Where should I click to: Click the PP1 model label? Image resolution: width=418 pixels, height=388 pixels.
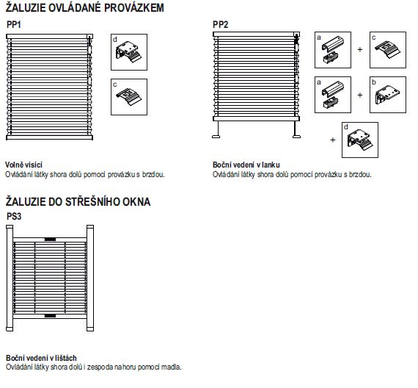pos(14,24)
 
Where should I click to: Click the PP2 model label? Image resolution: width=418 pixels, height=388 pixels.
pos(220,24)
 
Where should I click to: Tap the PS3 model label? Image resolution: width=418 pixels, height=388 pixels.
pos(14,216)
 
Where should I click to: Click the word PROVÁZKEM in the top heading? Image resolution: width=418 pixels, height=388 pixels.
pos(133,8)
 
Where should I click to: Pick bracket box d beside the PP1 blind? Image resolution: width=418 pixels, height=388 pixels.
pos(129,52)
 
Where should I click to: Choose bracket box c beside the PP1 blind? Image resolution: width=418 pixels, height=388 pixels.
pos(129,97)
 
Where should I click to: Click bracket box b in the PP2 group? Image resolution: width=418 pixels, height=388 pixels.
pos(388,95)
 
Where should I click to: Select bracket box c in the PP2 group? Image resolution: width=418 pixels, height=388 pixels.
pos(388,50)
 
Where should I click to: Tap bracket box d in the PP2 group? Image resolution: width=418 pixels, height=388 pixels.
pos(360,140)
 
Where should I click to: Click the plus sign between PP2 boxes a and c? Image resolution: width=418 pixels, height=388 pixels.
pos(360,49)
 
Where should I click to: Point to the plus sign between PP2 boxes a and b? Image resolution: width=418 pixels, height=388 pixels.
pos(360,95)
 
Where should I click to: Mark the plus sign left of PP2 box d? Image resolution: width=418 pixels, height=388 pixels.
pos(333,140)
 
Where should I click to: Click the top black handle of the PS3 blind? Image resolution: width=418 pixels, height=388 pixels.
pos(50,239)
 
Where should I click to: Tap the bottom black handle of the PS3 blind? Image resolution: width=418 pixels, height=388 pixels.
pos(50,316)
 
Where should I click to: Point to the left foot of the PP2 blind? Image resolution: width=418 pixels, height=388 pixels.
pos(216,137)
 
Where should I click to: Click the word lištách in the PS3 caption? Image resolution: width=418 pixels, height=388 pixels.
pos(66,358)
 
